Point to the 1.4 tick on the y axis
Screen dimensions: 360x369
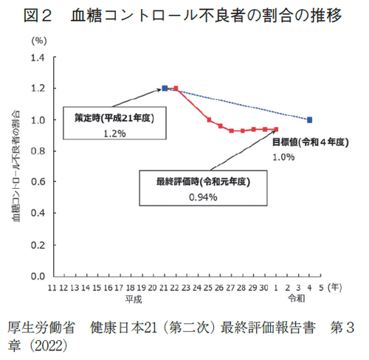coord(38,58)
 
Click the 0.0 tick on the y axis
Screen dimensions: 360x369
coord(38,276)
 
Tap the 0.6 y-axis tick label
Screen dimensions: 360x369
coord(38,182)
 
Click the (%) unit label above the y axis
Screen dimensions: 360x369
coord(38,41)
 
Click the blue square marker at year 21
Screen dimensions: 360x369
coord(165,89)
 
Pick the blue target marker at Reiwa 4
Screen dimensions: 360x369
coord(309,120)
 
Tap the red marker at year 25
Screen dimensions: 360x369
coord(210,120)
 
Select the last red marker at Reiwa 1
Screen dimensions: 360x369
coord(276,129)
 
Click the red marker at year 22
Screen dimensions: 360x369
coord(176,89)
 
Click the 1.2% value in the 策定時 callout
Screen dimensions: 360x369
coord(115,134)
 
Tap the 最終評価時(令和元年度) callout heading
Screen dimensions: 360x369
coord(201,181)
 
